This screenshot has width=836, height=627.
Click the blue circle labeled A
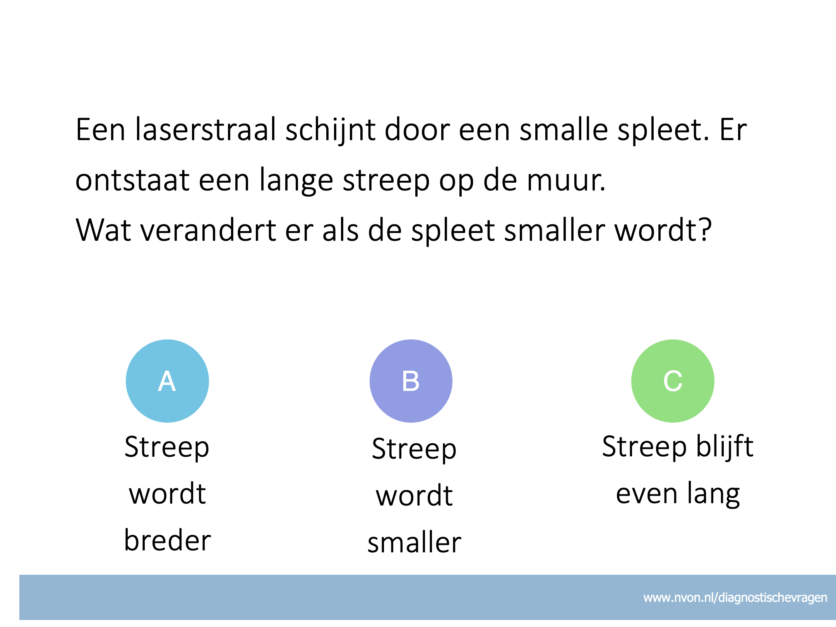167,381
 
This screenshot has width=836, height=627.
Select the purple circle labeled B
411,381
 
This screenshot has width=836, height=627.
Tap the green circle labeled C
673,381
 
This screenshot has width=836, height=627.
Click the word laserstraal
206,129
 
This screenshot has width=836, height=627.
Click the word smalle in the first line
564,129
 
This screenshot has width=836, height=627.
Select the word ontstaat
132,180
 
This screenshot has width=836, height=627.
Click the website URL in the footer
735,598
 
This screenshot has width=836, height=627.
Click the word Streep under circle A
167,447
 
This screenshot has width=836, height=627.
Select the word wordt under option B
414,495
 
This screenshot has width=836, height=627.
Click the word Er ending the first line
733,130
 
